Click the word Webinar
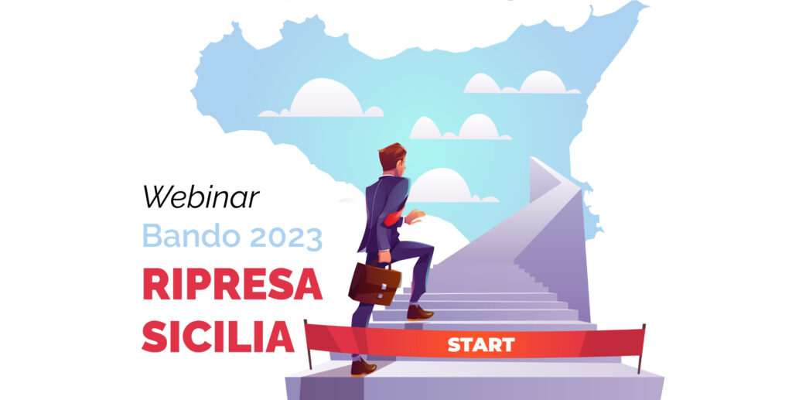point(201,197)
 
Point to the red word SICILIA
point(218,336)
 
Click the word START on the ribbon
point(481,345)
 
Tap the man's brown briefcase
point(374,283)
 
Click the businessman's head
point(393,158)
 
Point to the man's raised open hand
point(415,216)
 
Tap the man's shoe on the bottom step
point(364,368)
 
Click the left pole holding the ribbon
point(308,344)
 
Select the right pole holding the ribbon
point(641,348)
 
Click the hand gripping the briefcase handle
point(384,257)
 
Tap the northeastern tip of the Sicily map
point(645,5)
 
